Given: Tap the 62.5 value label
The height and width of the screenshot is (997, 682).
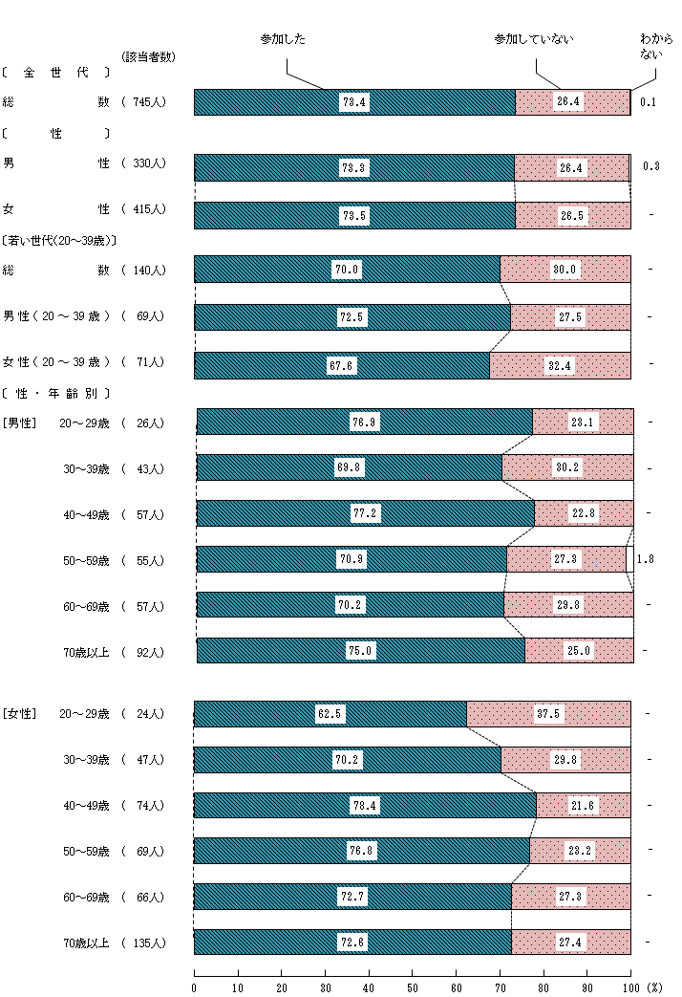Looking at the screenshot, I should coord(330,713).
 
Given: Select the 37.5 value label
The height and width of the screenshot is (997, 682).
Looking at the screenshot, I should coord(548,713).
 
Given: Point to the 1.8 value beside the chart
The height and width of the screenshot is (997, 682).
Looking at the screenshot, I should coord(646,559).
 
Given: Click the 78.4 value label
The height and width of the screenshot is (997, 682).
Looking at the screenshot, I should coord(366,805).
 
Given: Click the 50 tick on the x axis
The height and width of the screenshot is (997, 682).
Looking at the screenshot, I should coord(413,986).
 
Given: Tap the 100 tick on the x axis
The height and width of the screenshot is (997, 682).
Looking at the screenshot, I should coord(629,986).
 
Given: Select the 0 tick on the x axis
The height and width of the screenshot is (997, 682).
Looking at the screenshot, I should coord(195,986).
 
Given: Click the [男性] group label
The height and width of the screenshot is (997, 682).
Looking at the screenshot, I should coord(19,423).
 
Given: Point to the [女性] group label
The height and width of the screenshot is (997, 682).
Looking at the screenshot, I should coord(19,713).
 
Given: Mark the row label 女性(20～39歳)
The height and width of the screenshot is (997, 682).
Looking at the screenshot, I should coord(56,362).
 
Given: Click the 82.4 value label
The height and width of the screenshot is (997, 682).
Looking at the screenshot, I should coord(560,365).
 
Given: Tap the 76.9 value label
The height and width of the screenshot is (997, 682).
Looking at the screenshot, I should coord(365,422).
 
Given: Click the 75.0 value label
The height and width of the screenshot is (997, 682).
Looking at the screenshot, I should coord(361,651).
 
